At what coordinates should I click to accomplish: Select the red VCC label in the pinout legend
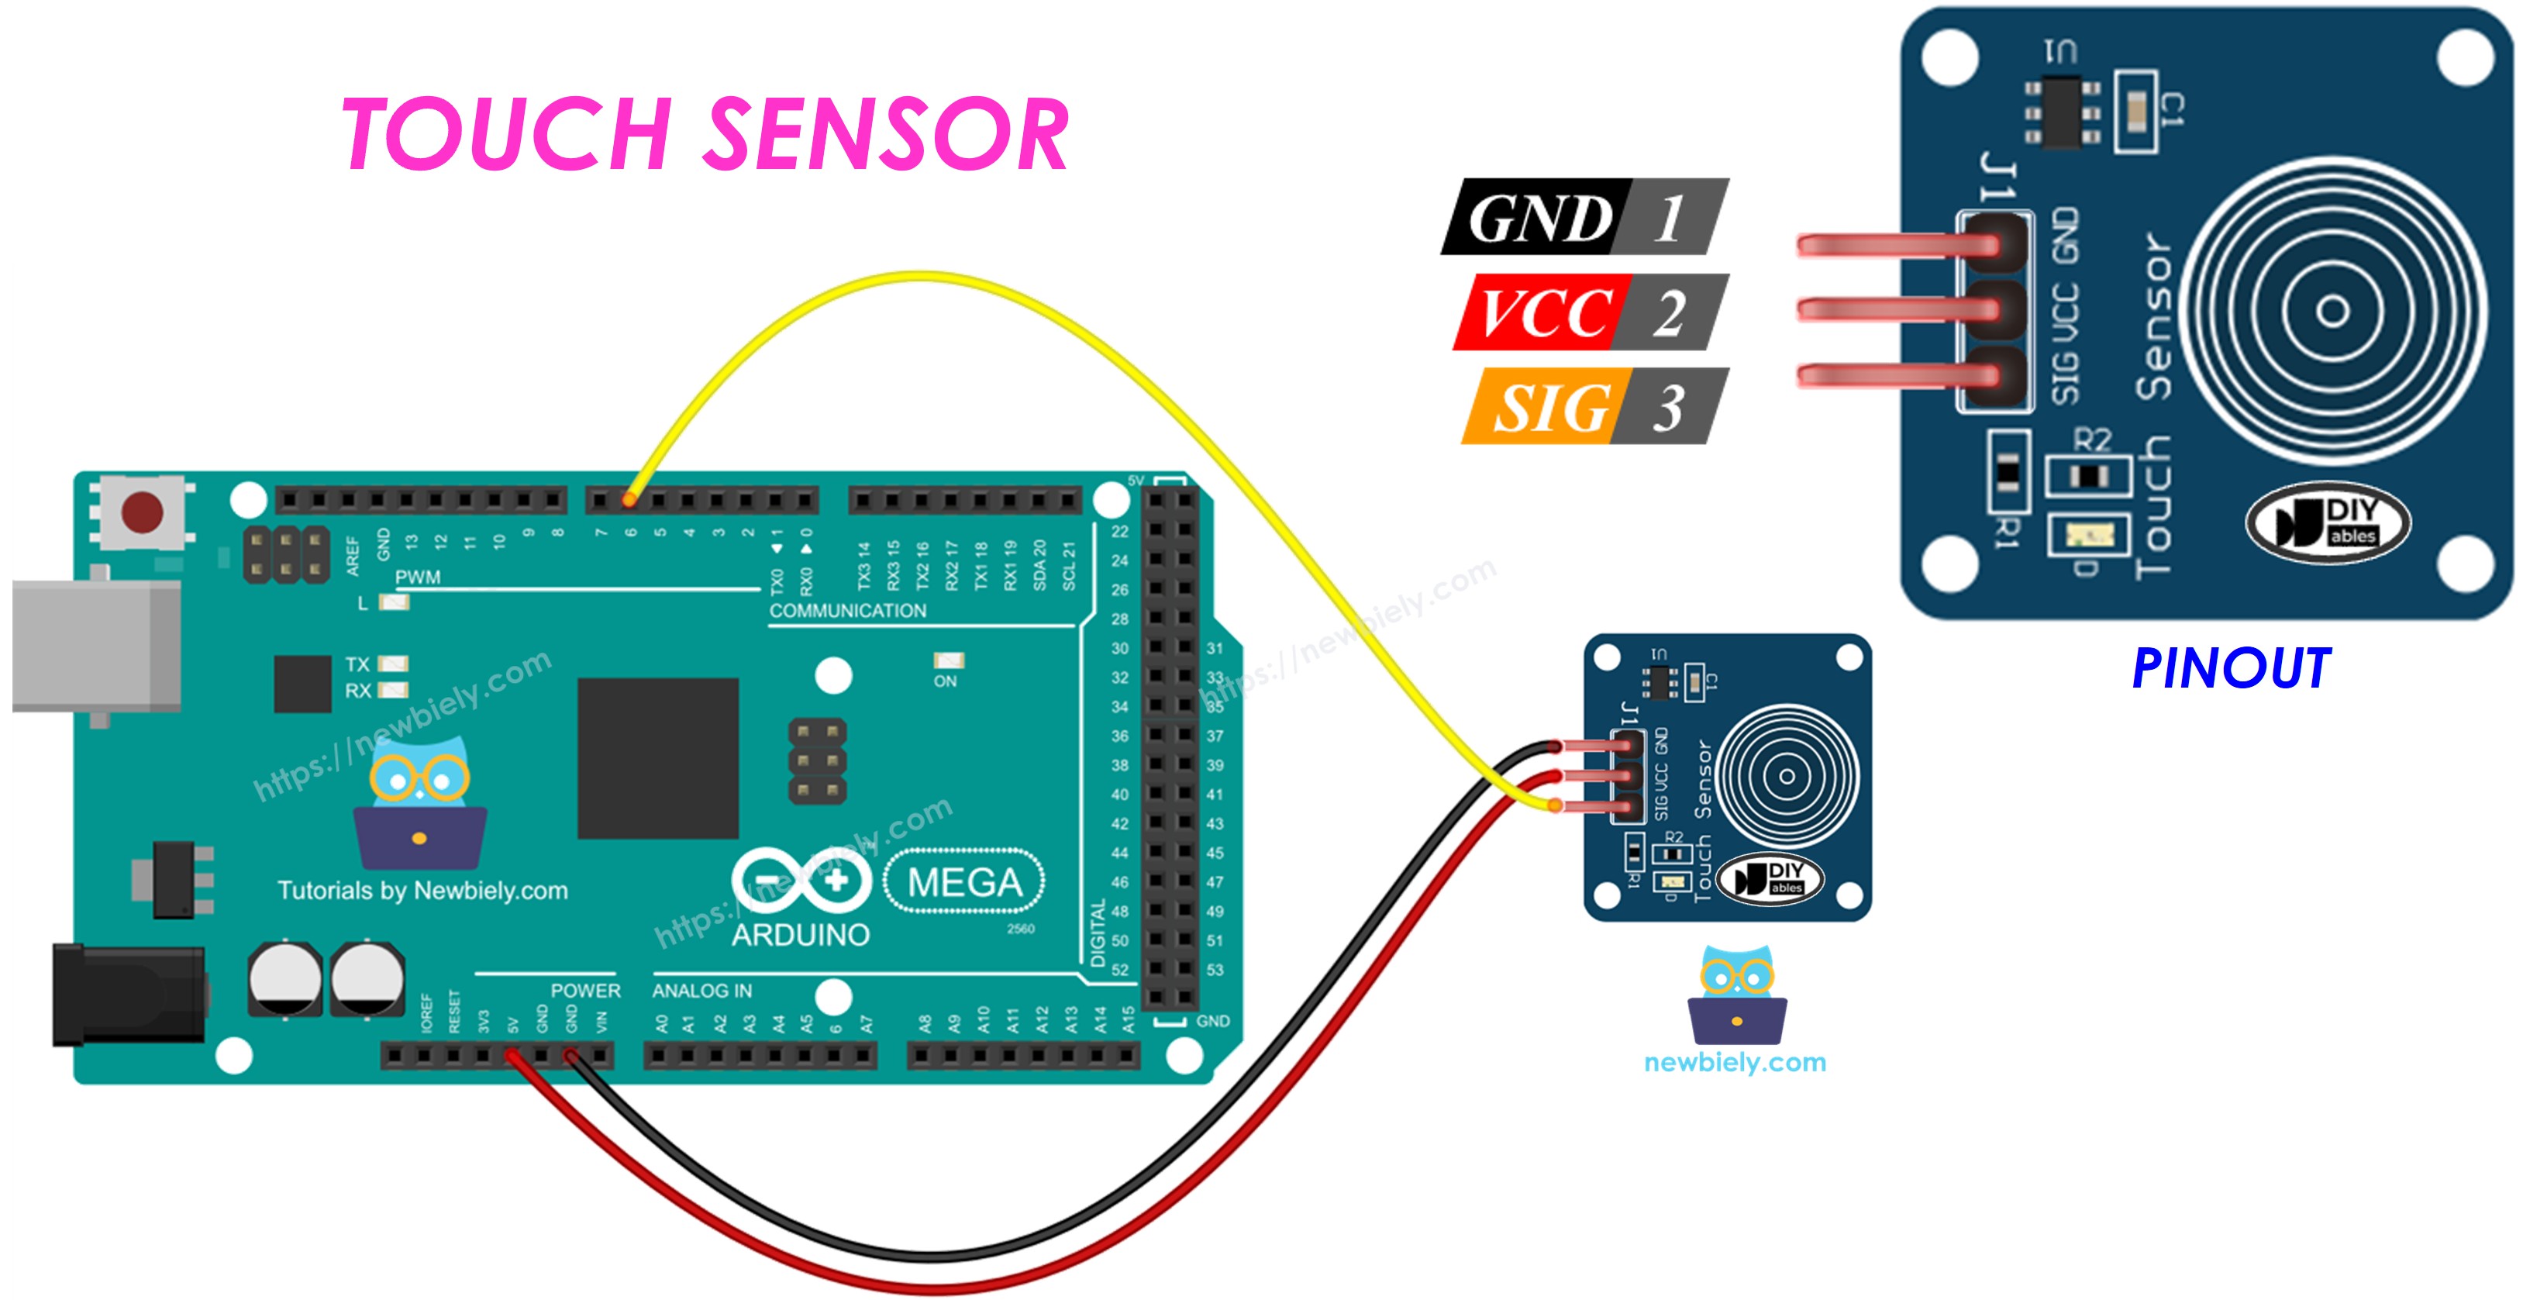click(x=1542, y=312)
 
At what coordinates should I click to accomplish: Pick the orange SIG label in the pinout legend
click(x=1549, y=406)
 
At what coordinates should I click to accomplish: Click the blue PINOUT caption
click(x=2230, y=669)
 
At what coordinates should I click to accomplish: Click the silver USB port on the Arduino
click(x=96, y=646)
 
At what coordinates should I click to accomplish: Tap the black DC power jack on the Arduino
click(x=127, y=995)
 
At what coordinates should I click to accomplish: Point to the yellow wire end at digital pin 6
click(x=629, y=501)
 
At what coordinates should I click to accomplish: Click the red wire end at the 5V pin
click(x=512, y=1056)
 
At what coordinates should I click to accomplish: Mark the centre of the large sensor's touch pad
click(x=2332, y=312)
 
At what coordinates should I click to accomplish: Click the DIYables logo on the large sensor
click(x=2327, y=522)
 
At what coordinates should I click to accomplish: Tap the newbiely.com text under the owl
click(x=1735, y=1063)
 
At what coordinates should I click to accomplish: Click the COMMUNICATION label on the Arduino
click(x=847, y=610)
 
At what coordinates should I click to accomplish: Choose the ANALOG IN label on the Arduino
click(x=701, y=991)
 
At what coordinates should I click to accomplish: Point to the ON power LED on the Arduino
click(x=948, y=661)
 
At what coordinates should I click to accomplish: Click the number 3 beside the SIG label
click(x=1669, y=406)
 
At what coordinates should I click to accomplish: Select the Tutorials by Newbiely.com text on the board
click(x=422, y=891)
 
